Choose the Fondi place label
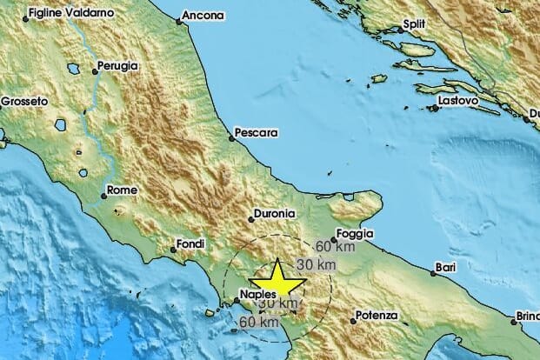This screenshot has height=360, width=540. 189,243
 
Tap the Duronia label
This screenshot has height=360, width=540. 277,214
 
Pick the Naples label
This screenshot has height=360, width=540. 257,296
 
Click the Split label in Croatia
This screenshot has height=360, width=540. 419,26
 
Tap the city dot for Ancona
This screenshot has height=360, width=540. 180,21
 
